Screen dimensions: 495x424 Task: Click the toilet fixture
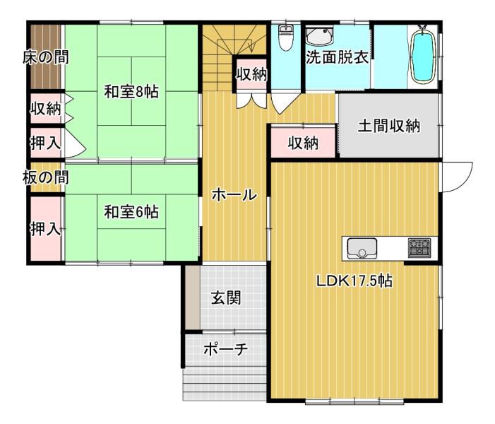coord(286,37)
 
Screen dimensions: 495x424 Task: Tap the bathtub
coord(422,57)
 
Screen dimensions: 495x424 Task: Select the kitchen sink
coord(362,248)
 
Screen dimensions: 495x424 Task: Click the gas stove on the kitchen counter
coord(419,247)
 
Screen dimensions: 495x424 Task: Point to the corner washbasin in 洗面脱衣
coord(319,36)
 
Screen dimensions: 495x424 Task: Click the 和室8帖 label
coord(131,92)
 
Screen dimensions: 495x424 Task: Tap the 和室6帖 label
coord(131,212)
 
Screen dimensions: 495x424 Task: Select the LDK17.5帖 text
coord(354,281)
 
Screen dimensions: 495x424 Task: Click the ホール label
coord(234,194)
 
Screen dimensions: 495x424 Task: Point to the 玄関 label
coord(226,298)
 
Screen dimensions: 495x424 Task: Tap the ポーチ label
coord(225,349)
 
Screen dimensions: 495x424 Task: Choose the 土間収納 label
coord(389,126)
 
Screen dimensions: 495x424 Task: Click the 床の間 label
coord(45,57)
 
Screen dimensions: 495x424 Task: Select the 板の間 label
coord(45,177)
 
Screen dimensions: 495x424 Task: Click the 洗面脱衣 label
coord(337,57)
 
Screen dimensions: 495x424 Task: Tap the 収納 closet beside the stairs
coord(251,75)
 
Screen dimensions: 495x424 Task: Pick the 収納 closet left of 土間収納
coord(303,143)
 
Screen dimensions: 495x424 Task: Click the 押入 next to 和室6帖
coord(46,228)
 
